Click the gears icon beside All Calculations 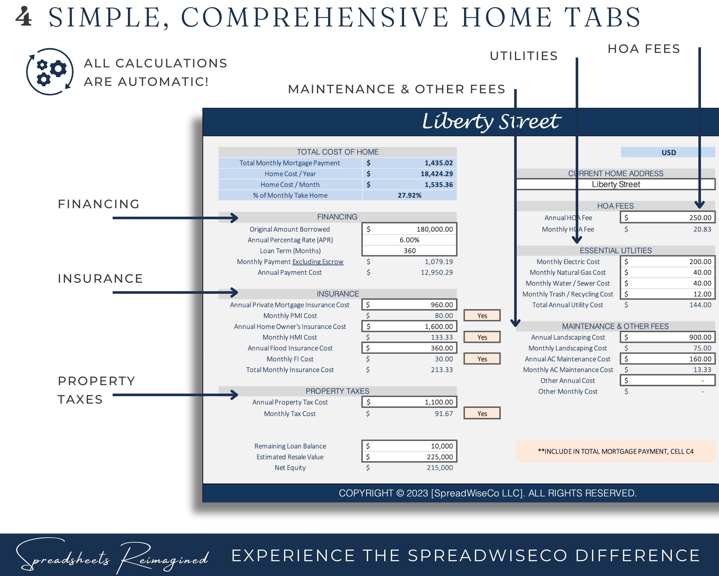point(50,71)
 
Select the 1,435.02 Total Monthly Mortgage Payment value point(439,163)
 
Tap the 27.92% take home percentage point(409,195)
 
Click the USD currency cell point(668,152)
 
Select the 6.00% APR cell point(409,240)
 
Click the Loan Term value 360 point(409,251)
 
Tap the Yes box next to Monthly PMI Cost point(482,315)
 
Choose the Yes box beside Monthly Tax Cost point(482,414)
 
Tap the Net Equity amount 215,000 point(440,468)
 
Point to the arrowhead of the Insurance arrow point(234,293)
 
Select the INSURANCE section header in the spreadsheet point(338,294)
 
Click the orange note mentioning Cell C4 point(615,451)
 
